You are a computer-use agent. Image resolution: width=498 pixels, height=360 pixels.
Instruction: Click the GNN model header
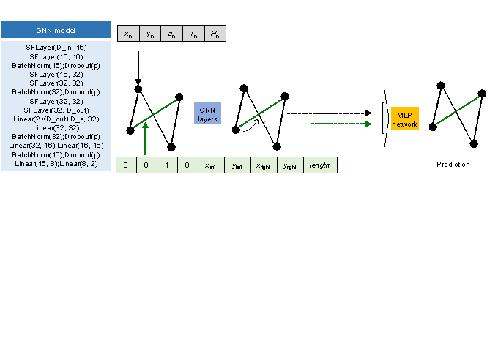tap(56, 30)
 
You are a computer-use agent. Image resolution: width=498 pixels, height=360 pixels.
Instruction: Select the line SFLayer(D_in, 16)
tap(56, 47)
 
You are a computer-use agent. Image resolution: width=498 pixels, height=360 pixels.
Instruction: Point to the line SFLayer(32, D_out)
tap(56, 110)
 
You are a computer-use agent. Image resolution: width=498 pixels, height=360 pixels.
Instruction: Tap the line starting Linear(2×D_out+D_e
tap(56, 119)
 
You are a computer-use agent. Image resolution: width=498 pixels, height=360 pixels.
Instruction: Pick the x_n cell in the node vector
tap(128, 34)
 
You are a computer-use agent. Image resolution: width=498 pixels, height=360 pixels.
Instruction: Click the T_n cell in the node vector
tap(193, 34)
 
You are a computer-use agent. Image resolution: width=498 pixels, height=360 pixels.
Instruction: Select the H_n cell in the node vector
tap(215, 34)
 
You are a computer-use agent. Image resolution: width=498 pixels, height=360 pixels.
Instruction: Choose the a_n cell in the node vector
tap(171, 34)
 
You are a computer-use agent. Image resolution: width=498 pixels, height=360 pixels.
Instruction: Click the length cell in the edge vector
tap(320, 165)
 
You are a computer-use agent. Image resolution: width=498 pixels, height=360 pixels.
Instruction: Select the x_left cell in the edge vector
tap(210, 165)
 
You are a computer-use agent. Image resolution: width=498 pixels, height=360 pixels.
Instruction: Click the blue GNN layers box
tap(207, 113)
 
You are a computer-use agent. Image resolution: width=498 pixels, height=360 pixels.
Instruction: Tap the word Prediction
tap(453, 165)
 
